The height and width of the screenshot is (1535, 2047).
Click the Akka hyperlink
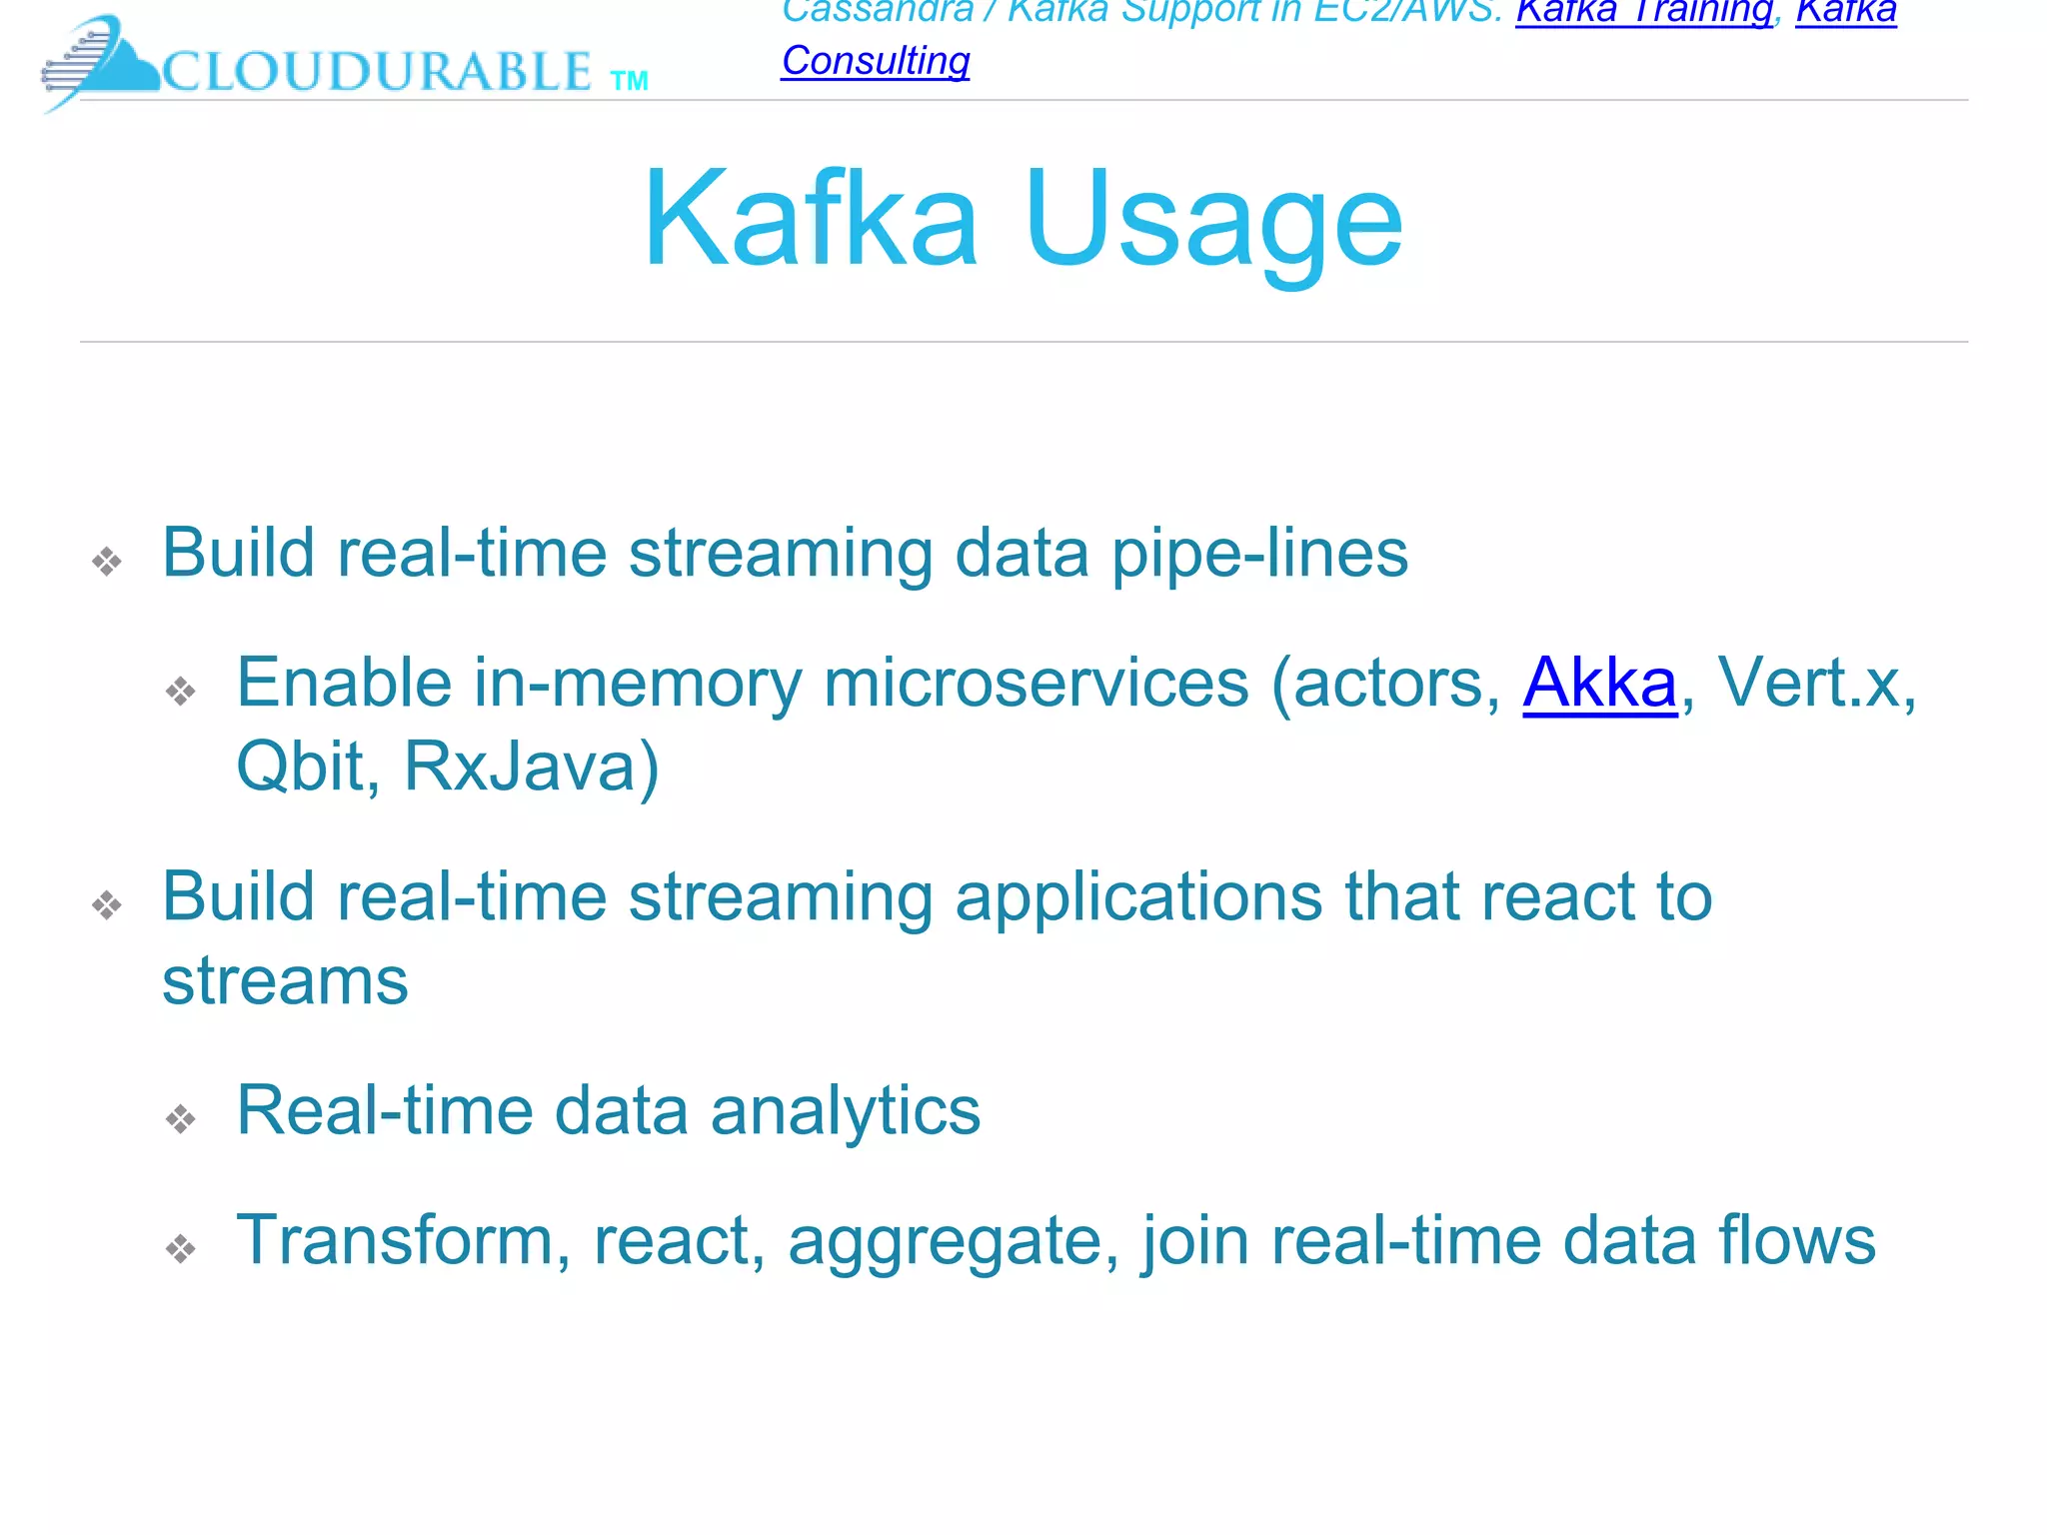[1598, 684]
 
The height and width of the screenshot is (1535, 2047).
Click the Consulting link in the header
[876, 61]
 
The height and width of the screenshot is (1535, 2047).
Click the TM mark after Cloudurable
[629, 81]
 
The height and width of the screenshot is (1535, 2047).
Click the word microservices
[1035, 684]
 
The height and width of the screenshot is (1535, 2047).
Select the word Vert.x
[1814, 684]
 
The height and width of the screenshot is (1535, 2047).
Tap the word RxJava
[531, 767]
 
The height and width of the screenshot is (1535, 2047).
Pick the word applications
[1138, 896]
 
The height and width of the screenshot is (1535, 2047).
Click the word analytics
[845, 1111]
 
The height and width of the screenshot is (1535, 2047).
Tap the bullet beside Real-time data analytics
[181, 1118]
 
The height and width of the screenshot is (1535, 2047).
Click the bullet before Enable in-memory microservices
[181, 691]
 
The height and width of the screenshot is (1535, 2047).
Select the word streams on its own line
[285, 981]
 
